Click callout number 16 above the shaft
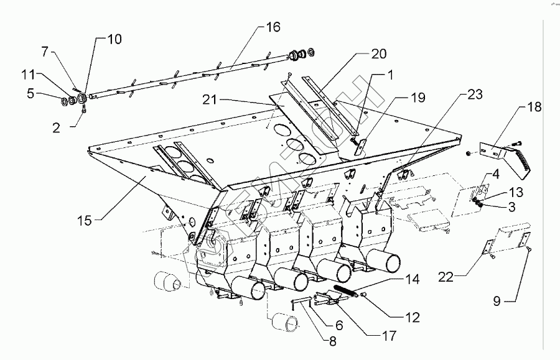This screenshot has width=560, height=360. [x=273, y=27]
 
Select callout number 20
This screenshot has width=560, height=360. [x=379, y=55]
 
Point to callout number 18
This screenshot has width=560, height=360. [x=534, y=107]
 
